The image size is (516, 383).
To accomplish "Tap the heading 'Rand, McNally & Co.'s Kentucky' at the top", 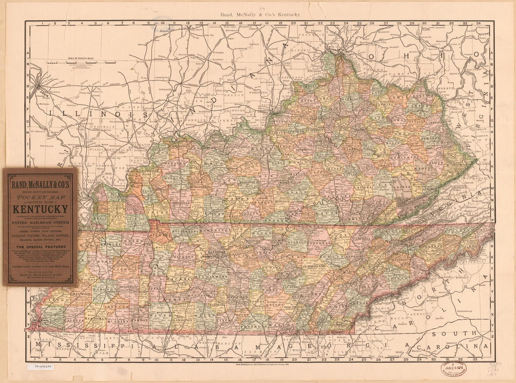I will (260, 15).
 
